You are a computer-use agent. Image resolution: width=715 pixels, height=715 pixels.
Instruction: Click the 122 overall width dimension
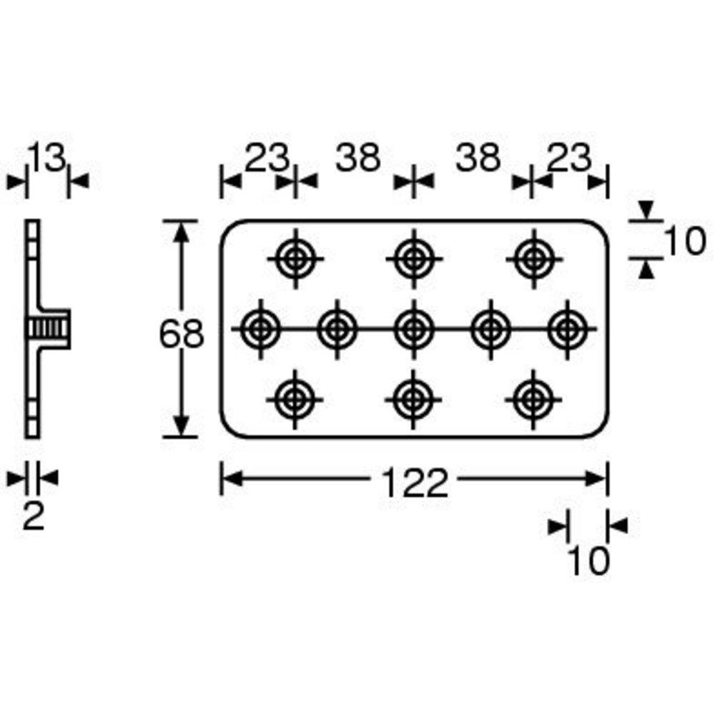(415, 483)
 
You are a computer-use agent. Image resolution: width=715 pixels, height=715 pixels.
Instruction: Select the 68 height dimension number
(182, 334)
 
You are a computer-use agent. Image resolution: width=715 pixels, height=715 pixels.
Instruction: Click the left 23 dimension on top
(267, 157)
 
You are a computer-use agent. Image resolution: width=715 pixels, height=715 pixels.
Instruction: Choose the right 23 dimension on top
(568, 157)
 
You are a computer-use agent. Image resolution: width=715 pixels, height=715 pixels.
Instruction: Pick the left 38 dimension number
(358, 157)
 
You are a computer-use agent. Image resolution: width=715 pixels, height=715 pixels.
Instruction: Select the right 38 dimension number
(478, 157)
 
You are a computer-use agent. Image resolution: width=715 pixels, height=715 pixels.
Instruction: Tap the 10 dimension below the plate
(588, 561)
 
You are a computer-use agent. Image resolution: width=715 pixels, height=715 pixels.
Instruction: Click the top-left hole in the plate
(295, 259)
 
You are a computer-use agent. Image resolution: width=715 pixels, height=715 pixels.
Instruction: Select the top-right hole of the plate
(534, 259)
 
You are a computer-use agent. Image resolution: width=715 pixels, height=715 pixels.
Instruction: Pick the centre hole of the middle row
(414, 329)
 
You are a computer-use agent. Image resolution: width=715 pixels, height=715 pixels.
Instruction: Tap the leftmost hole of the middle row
(260, 329)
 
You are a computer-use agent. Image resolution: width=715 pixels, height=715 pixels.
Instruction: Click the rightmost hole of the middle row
(567, 329)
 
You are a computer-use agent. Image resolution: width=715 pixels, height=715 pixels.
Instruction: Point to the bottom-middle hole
(413, 400)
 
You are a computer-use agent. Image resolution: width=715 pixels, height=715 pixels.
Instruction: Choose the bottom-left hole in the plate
(295, 400)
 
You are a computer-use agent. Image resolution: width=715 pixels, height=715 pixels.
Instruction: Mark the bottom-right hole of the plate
(533, 400)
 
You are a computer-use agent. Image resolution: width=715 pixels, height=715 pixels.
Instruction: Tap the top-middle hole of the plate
(414, 259)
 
